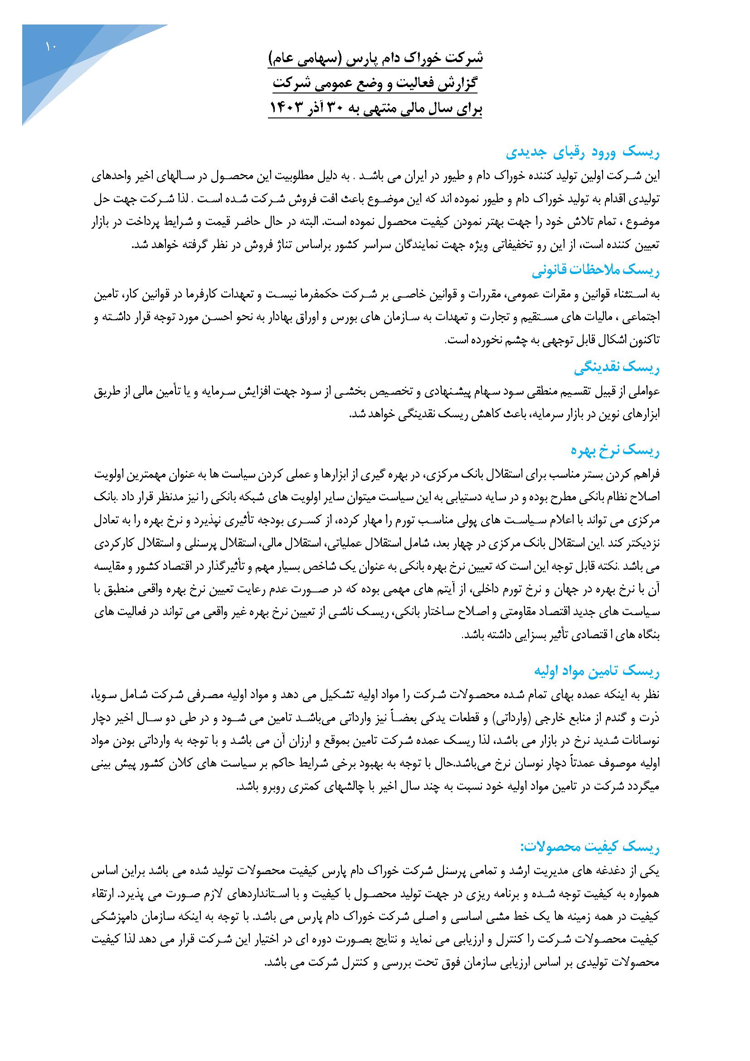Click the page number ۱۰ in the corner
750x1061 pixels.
(50, 46)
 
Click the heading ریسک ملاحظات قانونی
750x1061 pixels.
(595, 272)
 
